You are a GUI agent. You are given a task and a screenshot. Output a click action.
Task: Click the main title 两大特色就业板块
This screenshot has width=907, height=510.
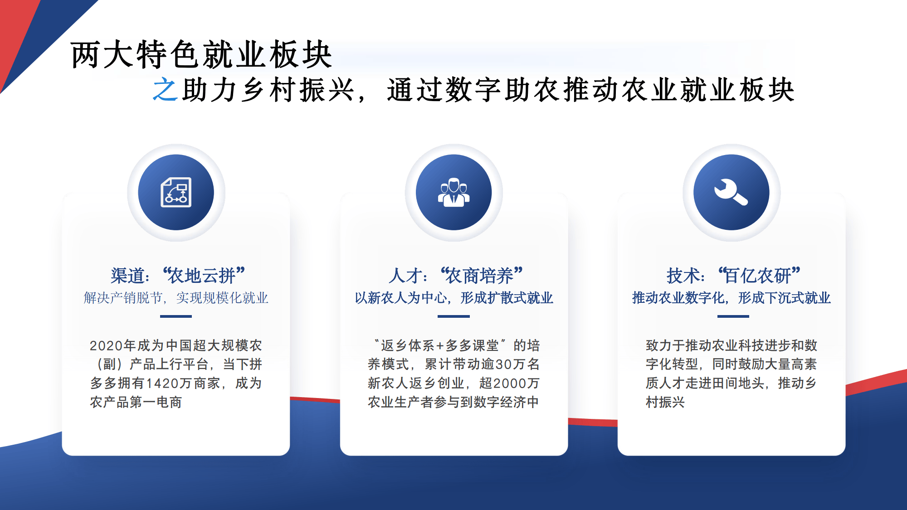[x=201, y=55]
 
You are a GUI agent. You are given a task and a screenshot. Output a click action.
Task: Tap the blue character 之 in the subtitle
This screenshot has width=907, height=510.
[x=164, y=89]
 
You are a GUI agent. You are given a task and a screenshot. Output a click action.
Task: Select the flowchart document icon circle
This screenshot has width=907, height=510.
[x=176, y=192]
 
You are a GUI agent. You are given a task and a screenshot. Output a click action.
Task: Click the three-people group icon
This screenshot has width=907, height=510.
[x=453, y=192]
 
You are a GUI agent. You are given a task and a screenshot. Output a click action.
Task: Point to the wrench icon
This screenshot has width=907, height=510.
[x=731, y=192]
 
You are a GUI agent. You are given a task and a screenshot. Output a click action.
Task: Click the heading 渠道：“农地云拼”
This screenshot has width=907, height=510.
[x=177, y=275]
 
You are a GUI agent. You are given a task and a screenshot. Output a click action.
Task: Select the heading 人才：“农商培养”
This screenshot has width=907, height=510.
[x=455, y=275]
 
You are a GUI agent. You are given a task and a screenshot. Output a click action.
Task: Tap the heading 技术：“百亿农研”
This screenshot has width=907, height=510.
[x=733, y=275]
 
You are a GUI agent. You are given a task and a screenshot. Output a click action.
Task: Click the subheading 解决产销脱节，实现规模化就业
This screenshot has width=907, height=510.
[x=176, y=298]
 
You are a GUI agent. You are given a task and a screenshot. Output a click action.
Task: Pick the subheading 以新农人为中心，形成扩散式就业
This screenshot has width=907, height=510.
[x=453, y=298]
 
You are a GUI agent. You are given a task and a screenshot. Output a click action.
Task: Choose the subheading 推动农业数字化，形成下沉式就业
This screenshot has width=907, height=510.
[x=731, y=298]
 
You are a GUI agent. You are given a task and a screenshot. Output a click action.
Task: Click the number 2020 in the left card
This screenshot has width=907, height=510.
[x=106, y=346]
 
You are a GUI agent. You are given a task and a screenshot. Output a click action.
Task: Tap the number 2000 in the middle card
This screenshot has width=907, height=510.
[x=510, y=384]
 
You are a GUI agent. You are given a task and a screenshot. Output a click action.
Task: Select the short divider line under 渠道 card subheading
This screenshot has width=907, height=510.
[x=176, y=316]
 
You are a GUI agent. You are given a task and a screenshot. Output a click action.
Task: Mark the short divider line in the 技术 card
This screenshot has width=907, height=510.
[x=733, y=316]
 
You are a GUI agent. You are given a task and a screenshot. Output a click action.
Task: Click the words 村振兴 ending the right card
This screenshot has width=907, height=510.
[x=665, y=402]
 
